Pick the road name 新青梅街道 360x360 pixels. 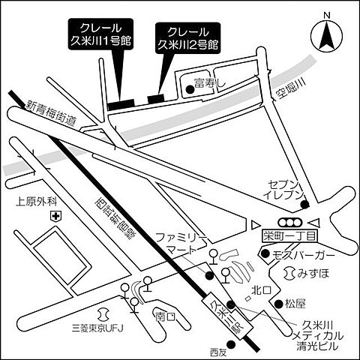click(x=52, y=113)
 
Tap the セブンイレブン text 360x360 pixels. click(x=287, y=190)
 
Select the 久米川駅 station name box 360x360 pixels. click(x=223, y=313)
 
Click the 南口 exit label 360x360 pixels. click(x=164, y=316)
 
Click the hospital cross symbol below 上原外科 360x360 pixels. click(x=55, y=216)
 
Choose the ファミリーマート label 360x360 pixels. click(x=181, y=241)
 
